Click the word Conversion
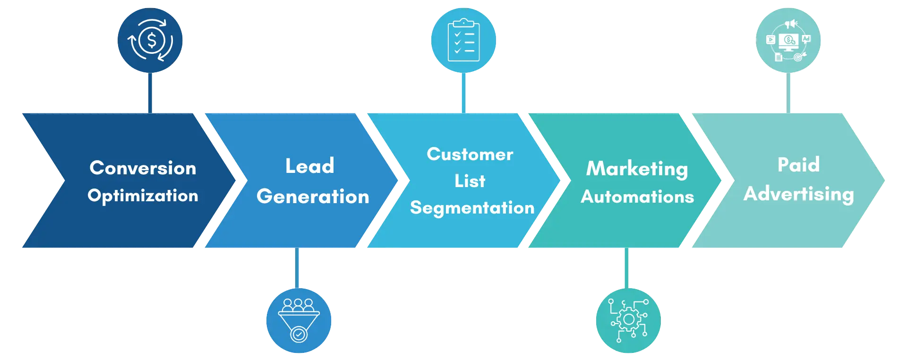(x=143, y=168)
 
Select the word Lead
(x=310, y=166)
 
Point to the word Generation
(x=313, y=196)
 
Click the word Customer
(x=470, y=154)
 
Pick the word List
(x=470, y=181)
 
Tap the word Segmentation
(x=472, y=208)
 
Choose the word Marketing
(x=637, y=169)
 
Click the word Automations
(x=637, y=197)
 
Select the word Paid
(x=798, y=164)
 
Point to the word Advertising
(x=799, y=194)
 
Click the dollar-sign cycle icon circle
(x=150, y=40)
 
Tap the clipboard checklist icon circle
(x=463, y=40)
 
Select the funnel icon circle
(x=299, y=320)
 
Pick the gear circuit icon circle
(x=628, y=320)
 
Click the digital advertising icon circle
(x=788, y=40)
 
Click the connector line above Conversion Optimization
(x=150, y=93)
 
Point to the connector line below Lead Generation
(x=297, y=268)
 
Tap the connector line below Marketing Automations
(x=626, y=268)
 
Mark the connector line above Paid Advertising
(x=788, y=93)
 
